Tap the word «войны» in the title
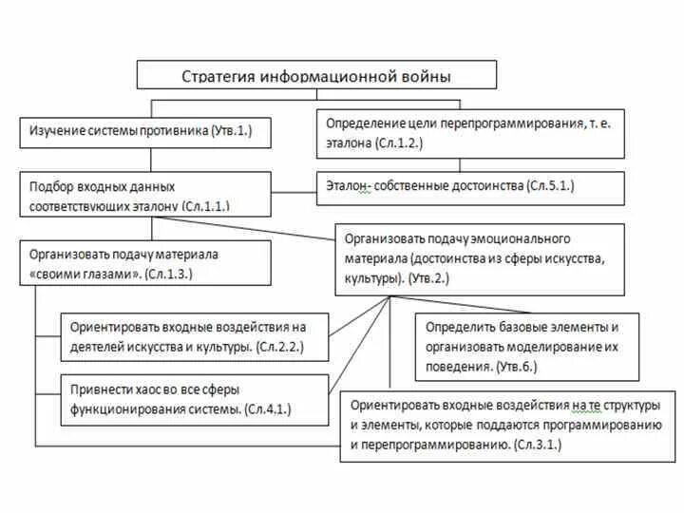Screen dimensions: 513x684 click(x=423, y=75)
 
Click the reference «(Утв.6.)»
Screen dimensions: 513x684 click(x=517, y=365)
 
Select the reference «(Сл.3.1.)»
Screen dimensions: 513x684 click(x=537, y=444)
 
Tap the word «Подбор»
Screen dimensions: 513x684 click(x=50, y=187)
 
